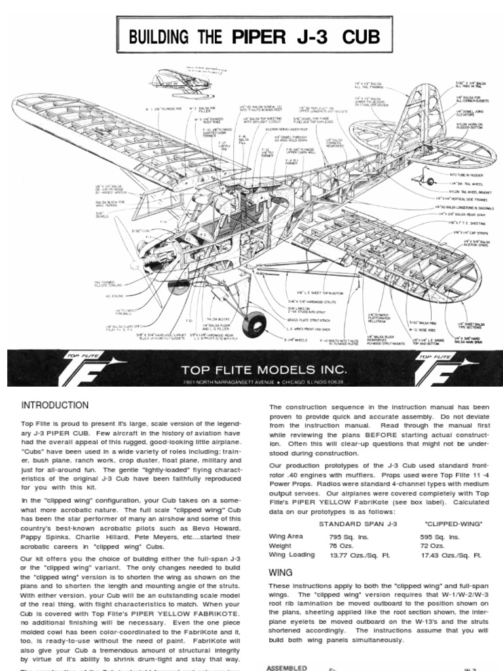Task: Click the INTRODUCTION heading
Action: [x=55, y=405]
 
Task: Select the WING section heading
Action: [x=280, y=572]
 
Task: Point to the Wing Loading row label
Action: [x=291, y=554]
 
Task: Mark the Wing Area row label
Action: [x=286, y=535]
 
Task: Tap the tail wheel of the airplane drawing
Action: [x=430, y=182]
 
